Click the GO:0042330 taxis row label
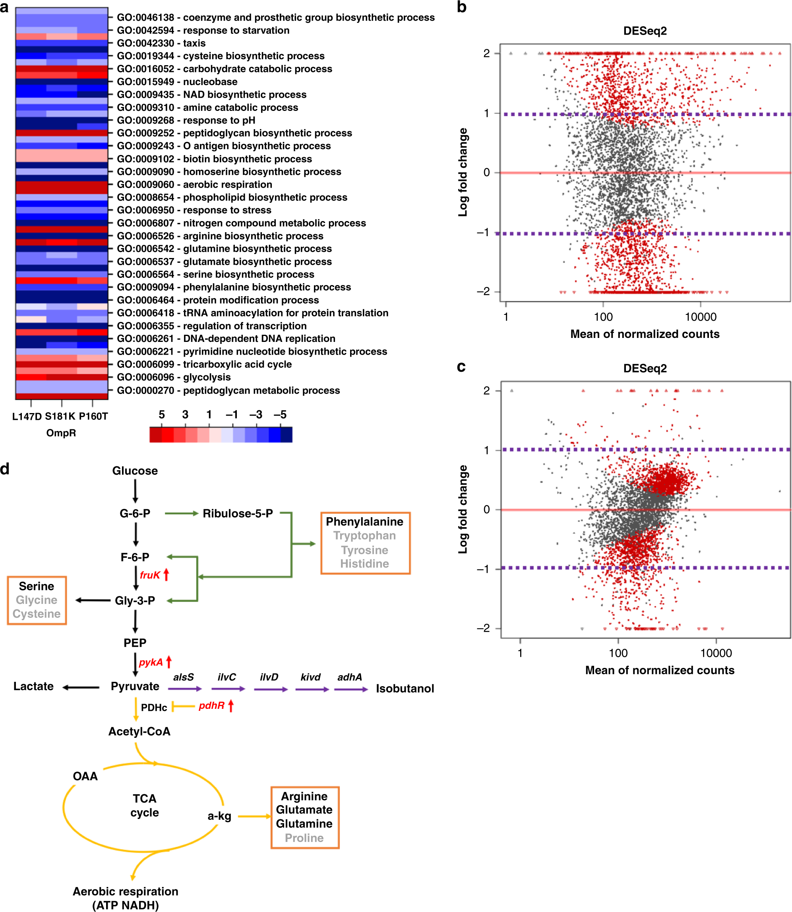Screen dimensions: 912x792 pos(161,43)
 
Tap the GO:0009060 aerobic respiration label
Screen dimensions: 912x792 pos(194,184)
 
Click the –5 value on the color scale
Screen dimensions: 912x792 pos(280,415)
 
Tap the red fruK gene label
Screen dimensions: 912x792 pos(150,575)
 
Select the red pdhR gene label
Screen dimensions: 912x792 pos(211,706)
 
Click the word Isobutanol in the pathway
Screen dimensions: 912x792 pos(405,688)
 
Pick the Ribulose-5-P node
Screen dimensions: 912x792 pos(238,513)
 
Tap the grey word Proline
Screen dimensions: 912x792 pos(304,838)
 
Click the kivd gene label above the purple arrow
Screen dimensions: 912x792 pos(310,677)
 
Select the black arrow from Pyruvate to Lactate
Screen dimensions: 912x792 pos(81,687)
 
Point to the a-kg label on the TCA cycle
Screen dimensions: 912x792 pos(219,816)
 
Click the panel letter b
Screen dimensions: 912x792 pos(462,7)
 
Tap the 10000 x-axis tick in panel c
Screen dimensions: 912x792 pos(716,653)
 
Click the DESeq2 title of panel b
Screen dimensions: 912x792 pos(645,31)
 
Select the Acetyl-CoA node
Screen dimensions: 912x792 pos(139,731)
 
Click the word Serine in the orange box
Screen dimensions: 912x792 pos(36,586)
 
